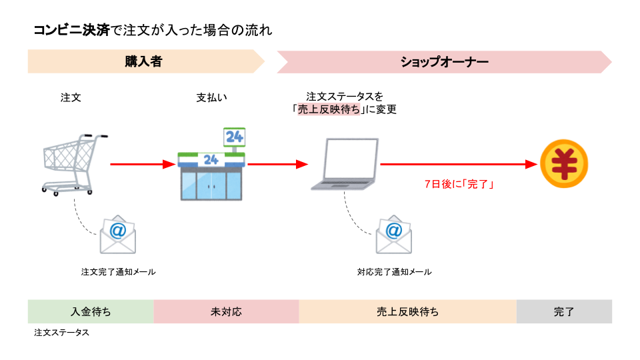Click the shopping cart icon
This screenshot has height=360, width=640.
click(x=72, y=163)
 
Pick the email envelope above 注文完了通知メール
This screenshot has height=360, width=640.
click(x=117, y=234)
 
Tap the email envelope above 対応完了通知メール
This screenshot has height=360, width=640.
click(x=393, y=234)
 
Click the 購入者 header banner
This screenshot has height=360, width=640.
click(x=144, y=62)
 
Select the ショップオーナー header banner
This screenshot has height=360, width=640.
click(x=444, y=62)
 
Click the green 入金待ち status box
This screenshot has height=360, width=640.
click(x=91, y=311)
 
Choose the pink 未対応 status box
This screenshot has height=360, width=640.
click(x=226, y=311)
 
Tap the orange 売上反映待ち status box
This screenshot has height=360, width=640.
click(x=407, y=311)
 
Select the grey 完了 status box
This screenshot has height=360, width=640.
click(x=564, y=311)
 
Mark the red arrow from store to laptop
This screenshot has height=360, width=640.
click(x=277, y=164)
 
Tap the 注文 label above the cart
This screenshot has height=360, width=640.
click(x=71, y=97)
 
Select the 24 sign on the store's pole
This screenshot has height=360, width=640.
click(x=234, y=137)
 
